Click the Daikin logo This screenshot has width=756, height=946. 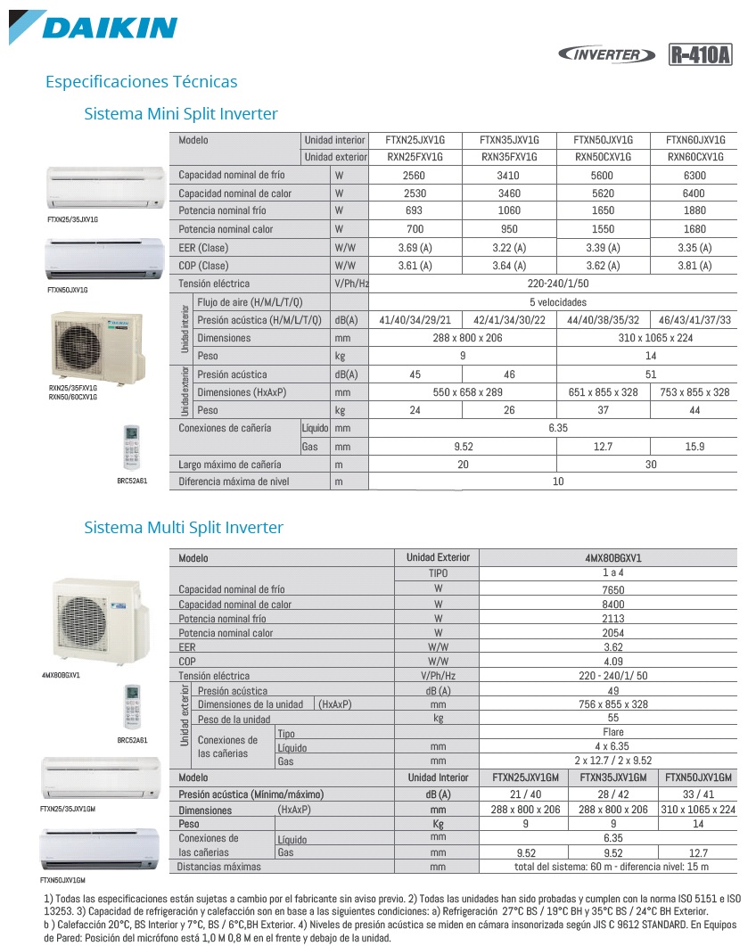coord(94,26)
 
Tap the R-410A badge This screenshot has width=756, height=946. coord(700,54)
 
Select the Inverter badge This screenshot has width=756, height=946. coord(611,54)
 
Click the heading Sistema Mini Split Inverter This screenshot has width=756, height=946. coord(180,114)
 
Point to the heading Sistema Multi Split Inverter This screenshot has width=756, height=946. coord(184,528)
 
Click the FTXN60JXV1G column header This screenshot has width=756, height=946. coord(695,140)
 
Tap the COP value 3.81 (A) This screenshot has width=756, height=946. coord(694,266)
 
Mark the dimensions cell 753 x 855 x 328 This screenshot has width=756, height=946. coord(695,392)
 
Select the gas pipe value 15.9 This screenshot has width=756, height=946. coord(694,447)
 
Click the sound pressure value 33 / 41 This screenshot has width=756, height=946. coord(698,794)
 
